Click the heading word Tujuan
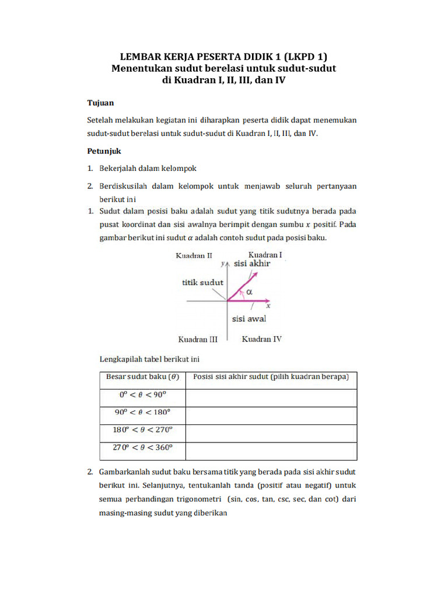(x=101, y=102)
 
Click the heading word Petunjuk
(x=104, y=150)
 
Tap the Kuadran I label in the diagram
(x=265, y=255)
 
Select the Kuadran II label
(x=194, y=255)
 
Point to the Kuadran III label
(x=198, y=339)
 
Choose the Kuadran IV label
(x=262, y=339)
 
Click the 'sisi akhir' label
(x=252, y=264)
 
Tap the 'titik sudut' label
(x=202, y=282)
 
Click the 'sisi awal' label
(x=249, y=319)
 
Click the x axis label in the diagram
(x=268, y=305)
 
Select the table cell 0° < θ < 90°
(x=142, y=395)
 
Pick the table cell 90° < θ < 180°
(x=142, y=413)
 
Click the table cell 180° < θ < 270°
(x=142, y=431)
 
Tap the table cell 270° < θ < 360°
(x=142, y=448)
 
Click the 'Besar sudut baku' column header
(x=142, y=377)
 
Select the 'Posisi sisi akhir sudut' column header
(x=271, y=377)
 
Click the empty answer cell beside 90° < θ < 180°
(x=271, y=415)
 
